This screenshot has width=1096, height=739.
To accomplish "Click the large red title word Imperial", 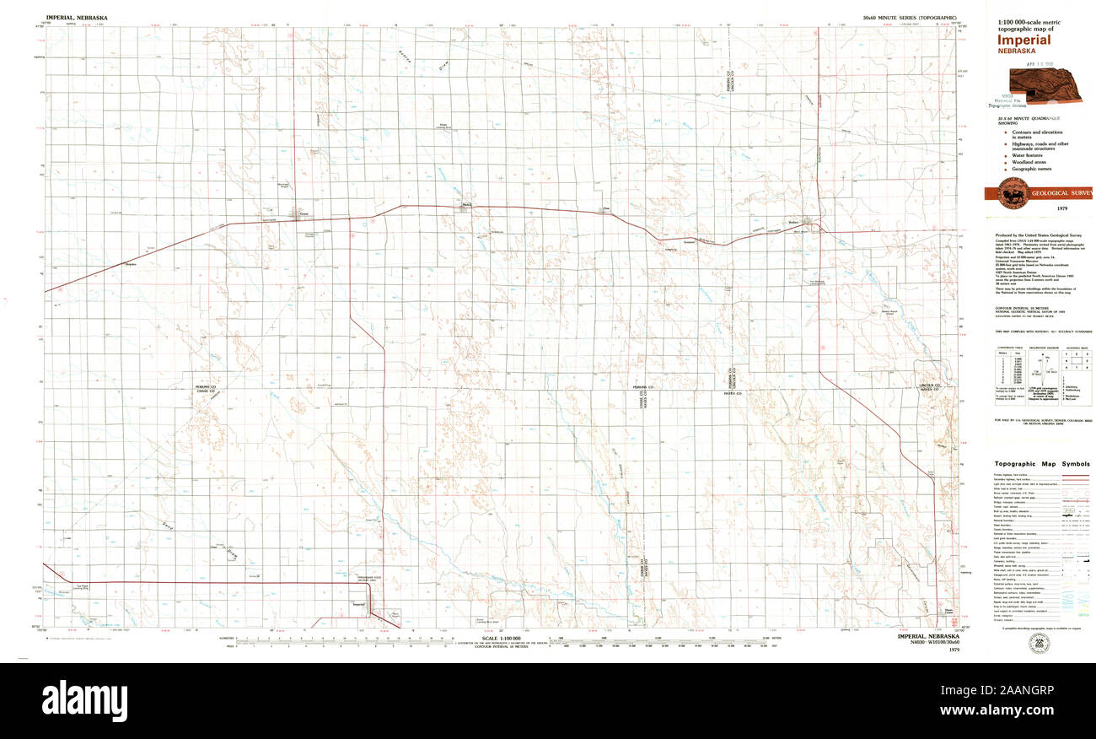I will click(x=1025, y=40).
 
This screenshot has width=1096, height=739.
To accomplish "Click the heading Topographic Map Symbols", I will click(x=1041, y=464).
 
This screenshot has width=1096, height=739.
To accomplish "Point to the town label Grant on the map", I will click(x=304, y=213).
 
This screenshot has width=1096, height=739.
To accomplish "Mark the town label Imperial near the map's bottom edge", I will click(x=358, y=605).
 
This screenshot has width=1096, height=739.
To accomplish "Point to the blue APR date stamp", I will click(x=1041, y=63).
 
